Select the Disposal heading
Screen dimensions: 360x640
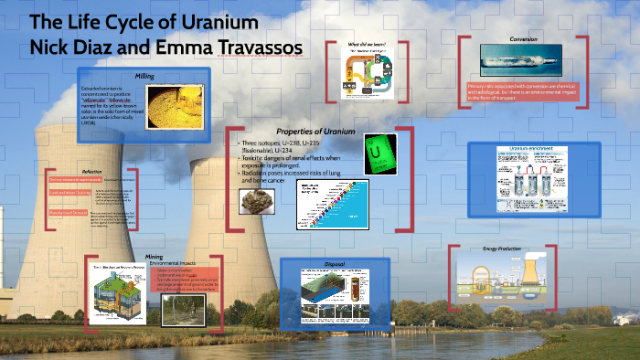(334, 264)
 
